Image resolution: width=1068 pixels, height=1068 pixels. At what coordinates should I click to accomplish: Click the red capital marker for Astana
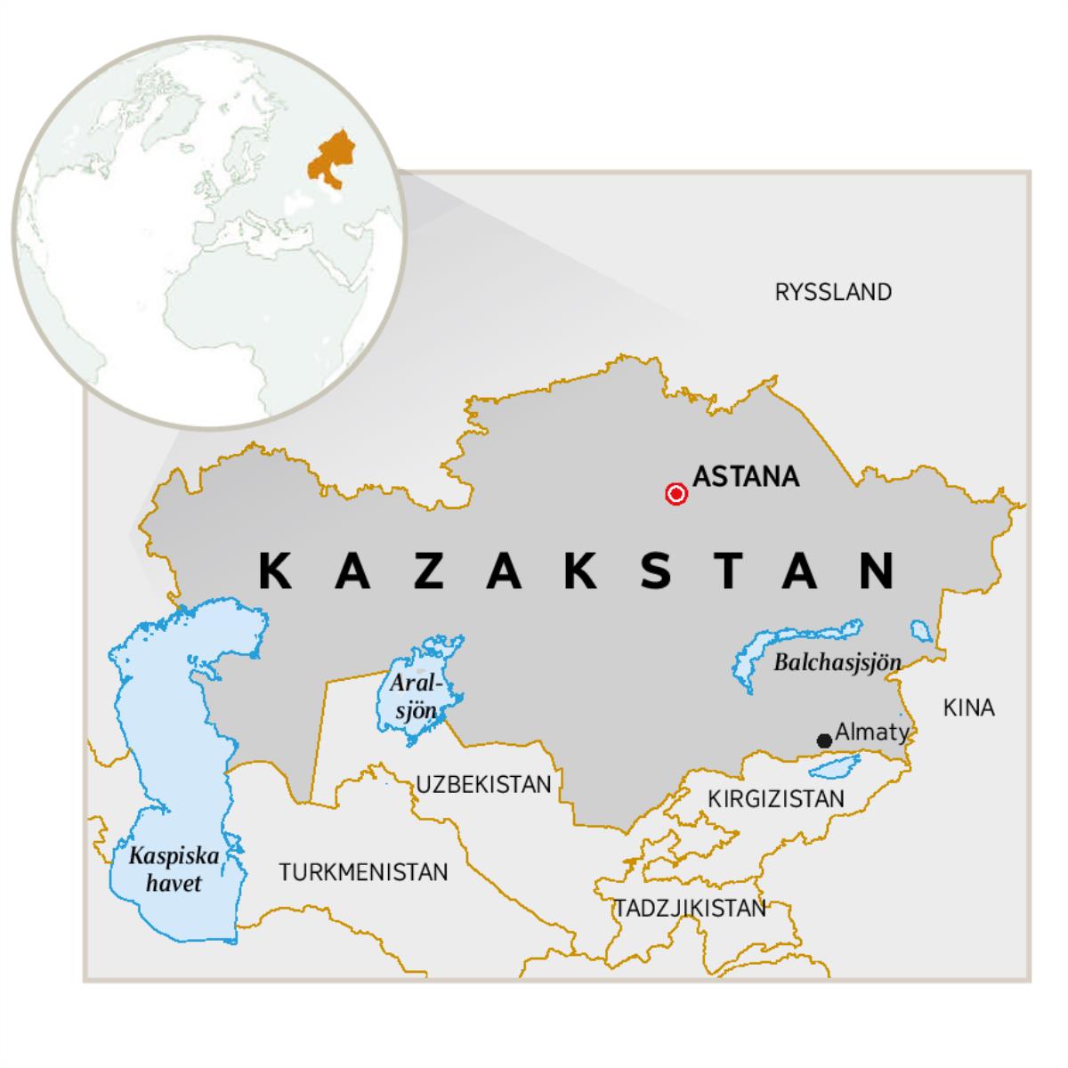click(676, 494)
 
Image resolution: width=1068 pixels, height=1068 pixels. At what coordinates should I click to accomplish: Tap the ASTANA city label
click(746, 477)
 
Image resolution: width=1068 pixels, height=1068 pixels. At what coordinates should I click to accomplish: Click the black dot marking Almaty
click(824, 740)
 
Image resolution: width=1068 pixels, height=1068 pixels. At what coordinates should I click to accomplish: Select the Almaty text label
click(871, 732)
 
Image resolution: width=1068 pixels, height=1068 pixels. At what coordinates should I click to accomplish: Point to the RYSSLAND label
click(833, 292)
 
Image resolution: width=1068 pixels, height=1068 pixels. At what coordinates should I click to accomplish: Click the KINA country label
click(968, 708)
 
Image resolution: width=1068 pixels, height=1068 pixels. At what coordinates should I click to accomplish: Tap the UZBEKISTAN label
click(484, 784)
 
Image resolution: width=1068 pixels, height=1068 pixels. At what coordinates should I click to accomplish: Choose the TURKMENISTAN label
click(363, 872)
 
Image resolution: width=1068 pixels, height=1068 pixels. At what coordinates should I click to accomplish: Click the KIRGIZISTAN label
click(775, 799)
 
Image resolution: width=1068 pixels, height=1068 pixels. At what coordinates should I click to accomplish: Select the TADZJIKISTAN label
click(690, 909)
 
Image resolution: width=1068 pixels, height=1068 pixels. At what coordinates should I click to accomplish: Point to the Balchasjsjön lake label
click(837, 663)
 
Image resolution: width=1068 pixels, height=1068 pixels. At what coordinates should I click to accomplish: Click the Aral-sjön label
click(414, 697)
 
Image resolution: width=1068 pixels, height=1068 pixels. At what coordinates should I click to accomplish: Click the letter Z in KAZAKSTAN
click(430, 570)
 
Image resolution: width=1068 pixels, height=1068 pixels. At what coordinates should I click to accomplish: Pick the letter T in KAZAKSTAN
click(729, 570)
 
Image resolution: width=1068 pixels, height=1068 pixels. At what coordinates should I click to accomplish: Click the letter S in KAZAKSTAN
click(655, 570)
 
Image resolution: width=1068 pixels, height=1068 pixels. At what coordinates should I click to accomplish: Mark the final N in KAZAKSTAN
click(877, 570)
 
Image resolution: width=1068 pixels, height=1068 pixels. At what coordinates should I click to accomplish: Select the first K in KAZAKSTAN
click(275, 570)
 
